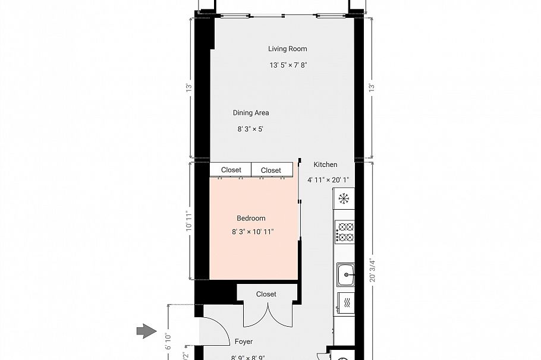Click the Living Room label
[x=287, y=49]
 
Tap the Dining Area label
[x=250, y=112]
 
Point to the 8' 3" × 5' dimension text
[x=250, y=128]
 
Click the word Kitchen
[x=325, y=165]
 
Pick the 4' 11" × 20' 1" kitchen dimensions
[x=328, y=179]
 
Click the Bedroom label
[x=251, y=218]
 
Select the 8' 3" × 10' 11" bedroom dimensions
[x=253, y=232]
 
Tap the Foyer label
[x=244, y=342]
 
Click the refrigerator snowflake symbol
[x=344, y=198]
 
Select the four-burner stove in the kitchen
[x=345, y=232]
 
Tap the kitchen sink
[x=345, y=274]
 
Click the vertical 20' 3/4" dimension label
[x=372, y=270]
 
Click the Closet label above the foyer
[x=266, y=294]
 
